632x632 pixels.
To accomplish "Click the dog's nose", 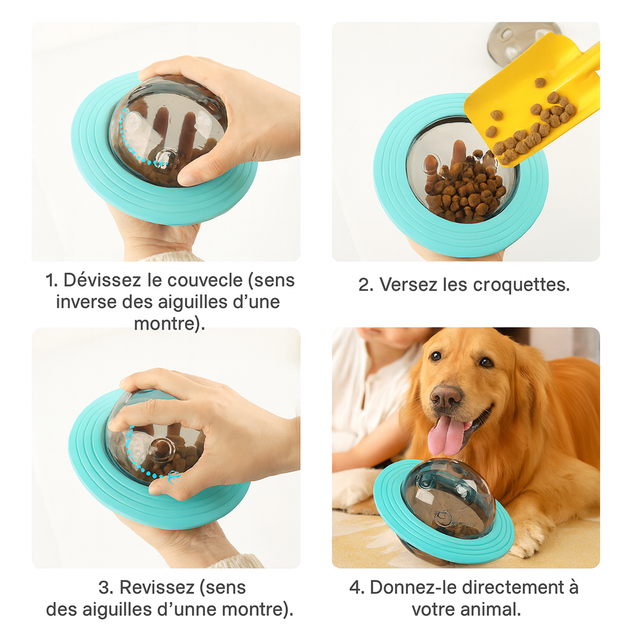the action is click(446, 397).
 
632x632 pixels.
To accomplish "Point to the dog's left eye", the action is click(486, 362).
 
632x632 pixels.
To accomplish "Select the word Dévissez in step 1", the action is click(102, 280).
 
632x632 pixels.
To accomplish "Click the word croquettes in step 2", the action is click(521, 285).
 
